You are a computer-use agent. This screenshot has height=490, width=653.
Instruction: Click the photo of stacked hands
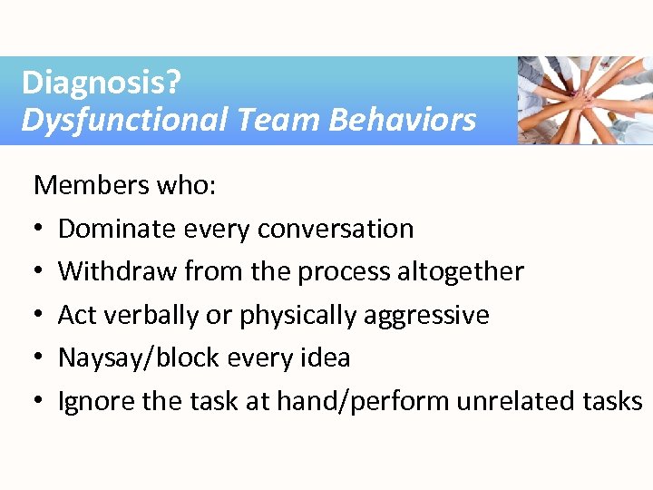click(x=584, y=100)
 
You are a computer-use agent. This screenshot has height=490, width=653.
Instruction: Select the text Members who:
click(x=124, y=186)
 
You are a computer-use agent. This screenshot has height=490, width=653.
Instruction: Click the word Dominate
click(x=115, y=229)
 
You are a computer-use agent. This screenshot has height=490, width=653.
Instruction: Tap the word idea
click(x=326, y=358)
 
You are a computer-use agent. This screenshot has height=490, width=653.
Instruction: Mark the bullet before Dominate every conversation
click(x=40, y=230)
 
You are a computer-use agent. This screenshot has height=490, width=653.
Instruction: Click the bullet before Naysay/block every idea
click(x=40, y=358)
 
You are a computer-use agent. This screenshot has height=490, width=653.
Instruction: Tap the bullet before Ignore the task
click(x=40, y=402)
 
